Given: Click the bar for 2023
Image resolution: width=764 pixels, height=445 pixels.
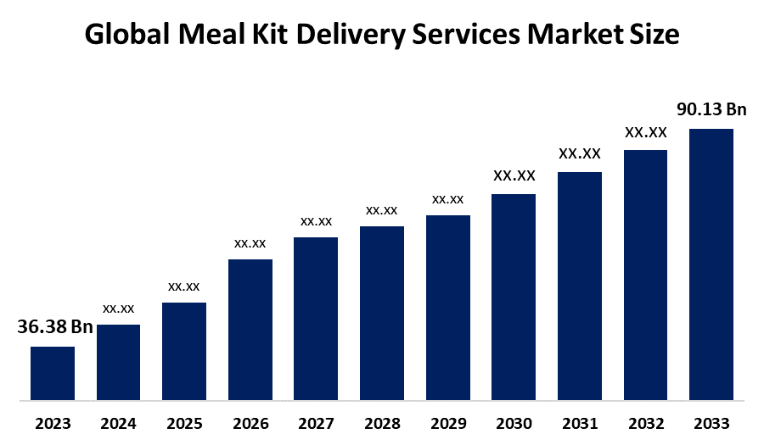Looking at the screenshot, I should coord(53,373).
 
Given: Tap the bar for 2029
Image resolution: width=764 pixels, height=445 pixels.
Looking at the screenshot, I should coord(447,307).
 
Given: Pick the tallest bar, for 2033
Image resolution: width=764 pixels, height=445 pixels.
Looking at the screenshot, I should coord(711,264).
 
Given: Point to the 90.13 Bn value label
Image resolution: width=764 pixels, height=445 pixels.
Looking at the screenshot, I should coord(711,109).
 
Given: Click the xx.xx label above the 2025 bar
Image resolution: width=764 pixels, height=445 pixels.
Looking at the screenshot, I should coord(184,286).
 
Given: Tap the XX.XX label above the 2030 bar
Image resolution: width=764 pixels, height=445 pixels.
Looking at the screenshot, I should coord(514,175).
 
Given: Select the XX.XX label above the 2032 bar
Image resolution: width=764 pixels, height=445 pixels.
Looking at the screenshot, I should coord(645,132).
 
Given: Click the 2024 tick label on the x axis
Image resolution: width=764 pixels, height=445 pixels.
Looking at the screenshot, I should coord(119,424).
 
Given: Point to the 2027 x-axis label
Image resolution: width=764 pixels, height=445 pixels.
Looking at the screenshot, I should coord(316,424).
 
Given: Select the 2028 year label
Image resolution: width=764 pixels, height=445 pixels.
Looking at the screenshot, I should coord(382,424).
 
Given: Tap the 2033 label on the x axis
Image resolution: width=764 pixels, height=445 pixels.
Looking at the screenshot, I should coord(711,424).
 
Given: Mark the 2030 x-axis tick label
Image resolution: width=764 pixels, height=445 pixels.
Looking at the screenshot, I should coord(514,424).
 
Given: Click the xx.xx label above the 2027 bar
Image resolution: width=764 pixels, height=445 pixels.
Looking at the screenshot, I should coord(316,221).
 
